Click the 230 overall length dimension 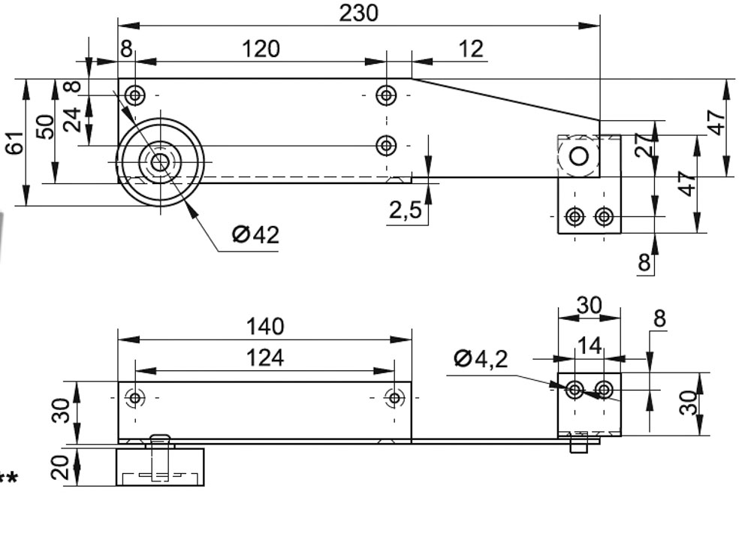point(359,13)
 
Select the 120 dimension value point(260,49)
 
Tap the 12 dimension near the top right point(470,49)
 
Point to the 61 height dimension point(14,141)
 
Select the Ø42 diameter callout point(255,235)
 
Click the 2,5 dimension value point(405,211)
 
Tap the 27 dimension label point(643,145)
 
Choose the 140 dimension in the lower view point(265,327)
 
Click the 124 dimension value point(265,358)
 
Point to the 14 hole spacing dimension point(590,346)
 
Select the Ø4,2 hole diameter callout point(481,359)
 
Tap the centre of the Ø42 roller point(159,161)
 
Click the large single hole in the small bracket point(579,156)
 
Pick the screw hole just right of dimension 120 point(386,95)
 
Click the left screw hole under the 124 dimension point(135,397)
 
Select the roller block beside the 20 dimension point(160,466)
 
